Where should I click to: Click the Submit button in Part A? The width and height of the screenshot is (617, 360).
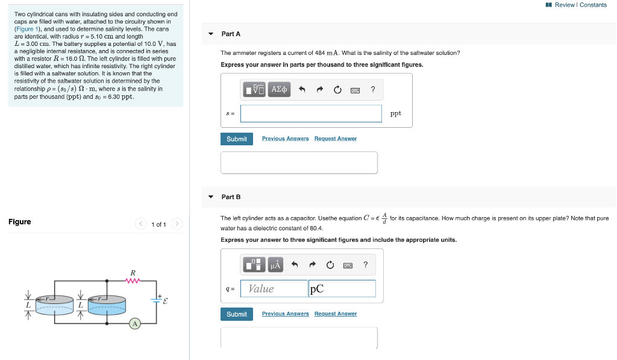tap(236, 139)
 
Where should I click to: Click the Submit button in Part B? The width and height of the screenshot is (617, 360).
tap(236, 314)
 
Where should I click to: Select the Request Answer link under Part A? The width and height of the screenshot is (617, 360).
tap(335, 139)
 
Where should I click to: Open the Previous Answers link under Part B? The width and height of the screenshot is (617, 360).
tap(285, 314)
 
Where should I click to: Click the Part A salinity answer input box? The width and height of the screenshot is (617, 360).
tap(311, 113)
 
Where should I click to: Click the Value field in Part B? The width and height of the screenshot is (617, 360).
tap(274, 289)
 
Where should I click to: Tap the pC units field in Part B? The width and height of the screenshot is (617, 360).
tap(342, 289)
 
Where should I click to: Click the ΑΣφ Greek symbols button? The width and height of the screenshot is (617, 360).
tap(280, 90)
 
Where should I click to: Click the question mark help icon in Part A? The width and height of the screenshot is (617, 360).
tap(373, 90)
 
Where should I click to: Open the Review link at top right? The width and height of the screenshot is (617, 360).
tap(564, 5)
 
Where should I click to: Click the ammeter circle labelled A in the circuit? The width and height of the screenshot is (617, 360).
tap(135, 324)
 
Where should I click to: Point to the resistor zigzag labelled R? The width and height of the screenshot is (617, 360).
tap(133, 280)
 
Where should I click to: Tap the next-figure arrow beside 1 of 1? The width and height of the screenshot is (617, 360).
tap(177, 224)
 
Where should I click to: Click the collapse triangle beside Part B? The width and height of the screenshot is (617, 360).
tap(210, 197)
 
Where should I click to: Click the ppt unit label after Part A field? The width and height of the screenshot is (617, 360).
tap(395, 113)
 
